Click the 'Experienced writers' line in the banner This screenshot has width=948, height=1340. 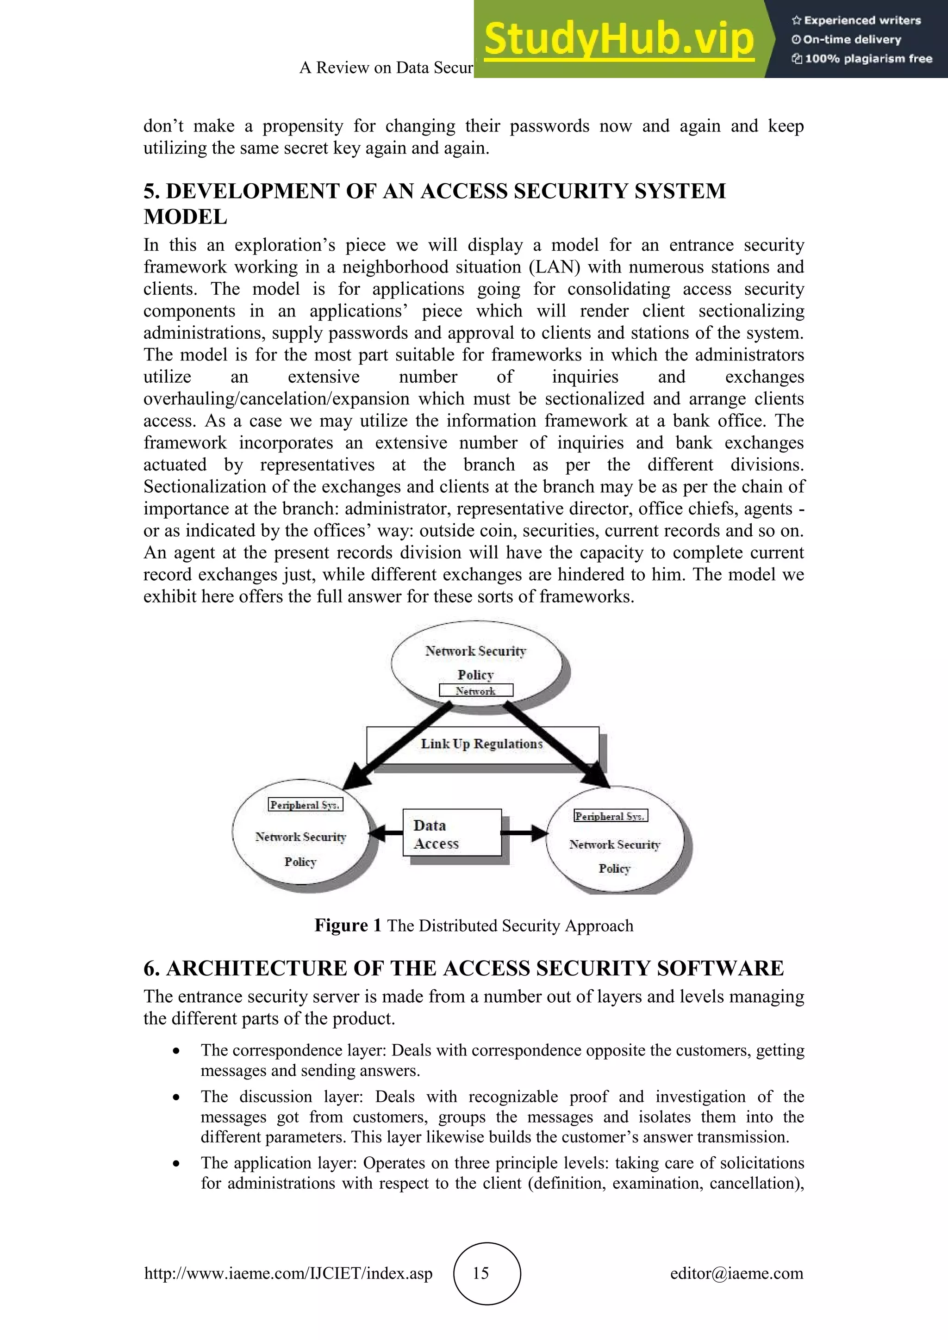click(856, 20)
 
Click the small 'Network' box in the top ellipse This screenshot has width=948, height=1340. click(476, 691)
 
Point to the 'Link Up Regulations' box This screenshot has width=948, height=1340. click(482, 744)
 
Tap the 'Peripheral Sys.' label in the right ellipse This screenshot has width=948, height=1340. click(610, 816)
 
